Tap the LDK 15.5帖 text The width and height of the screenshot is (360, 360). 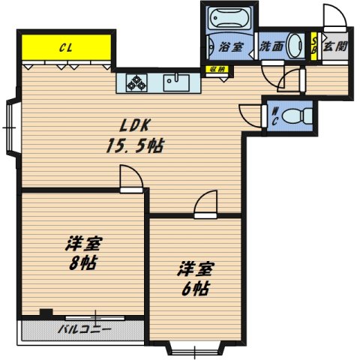(133, 135)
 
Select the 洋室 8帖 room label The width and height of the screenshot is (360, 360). (82, 253)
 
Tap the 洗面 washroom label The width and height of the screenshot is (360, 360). (271, 46)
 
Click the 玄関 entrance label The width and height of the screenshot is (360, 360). (334, 45)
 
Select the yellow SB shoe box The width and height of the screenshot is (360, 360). (314, 46)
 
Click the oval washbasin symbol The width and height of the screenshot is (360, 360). (295, 44)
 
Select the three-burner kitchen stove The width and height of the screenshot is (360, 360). (137, 82)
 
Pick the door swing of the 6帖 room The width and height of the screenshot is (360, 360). (204, 204)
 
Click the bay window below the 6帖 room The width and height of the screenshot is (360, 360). (195, 348)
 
